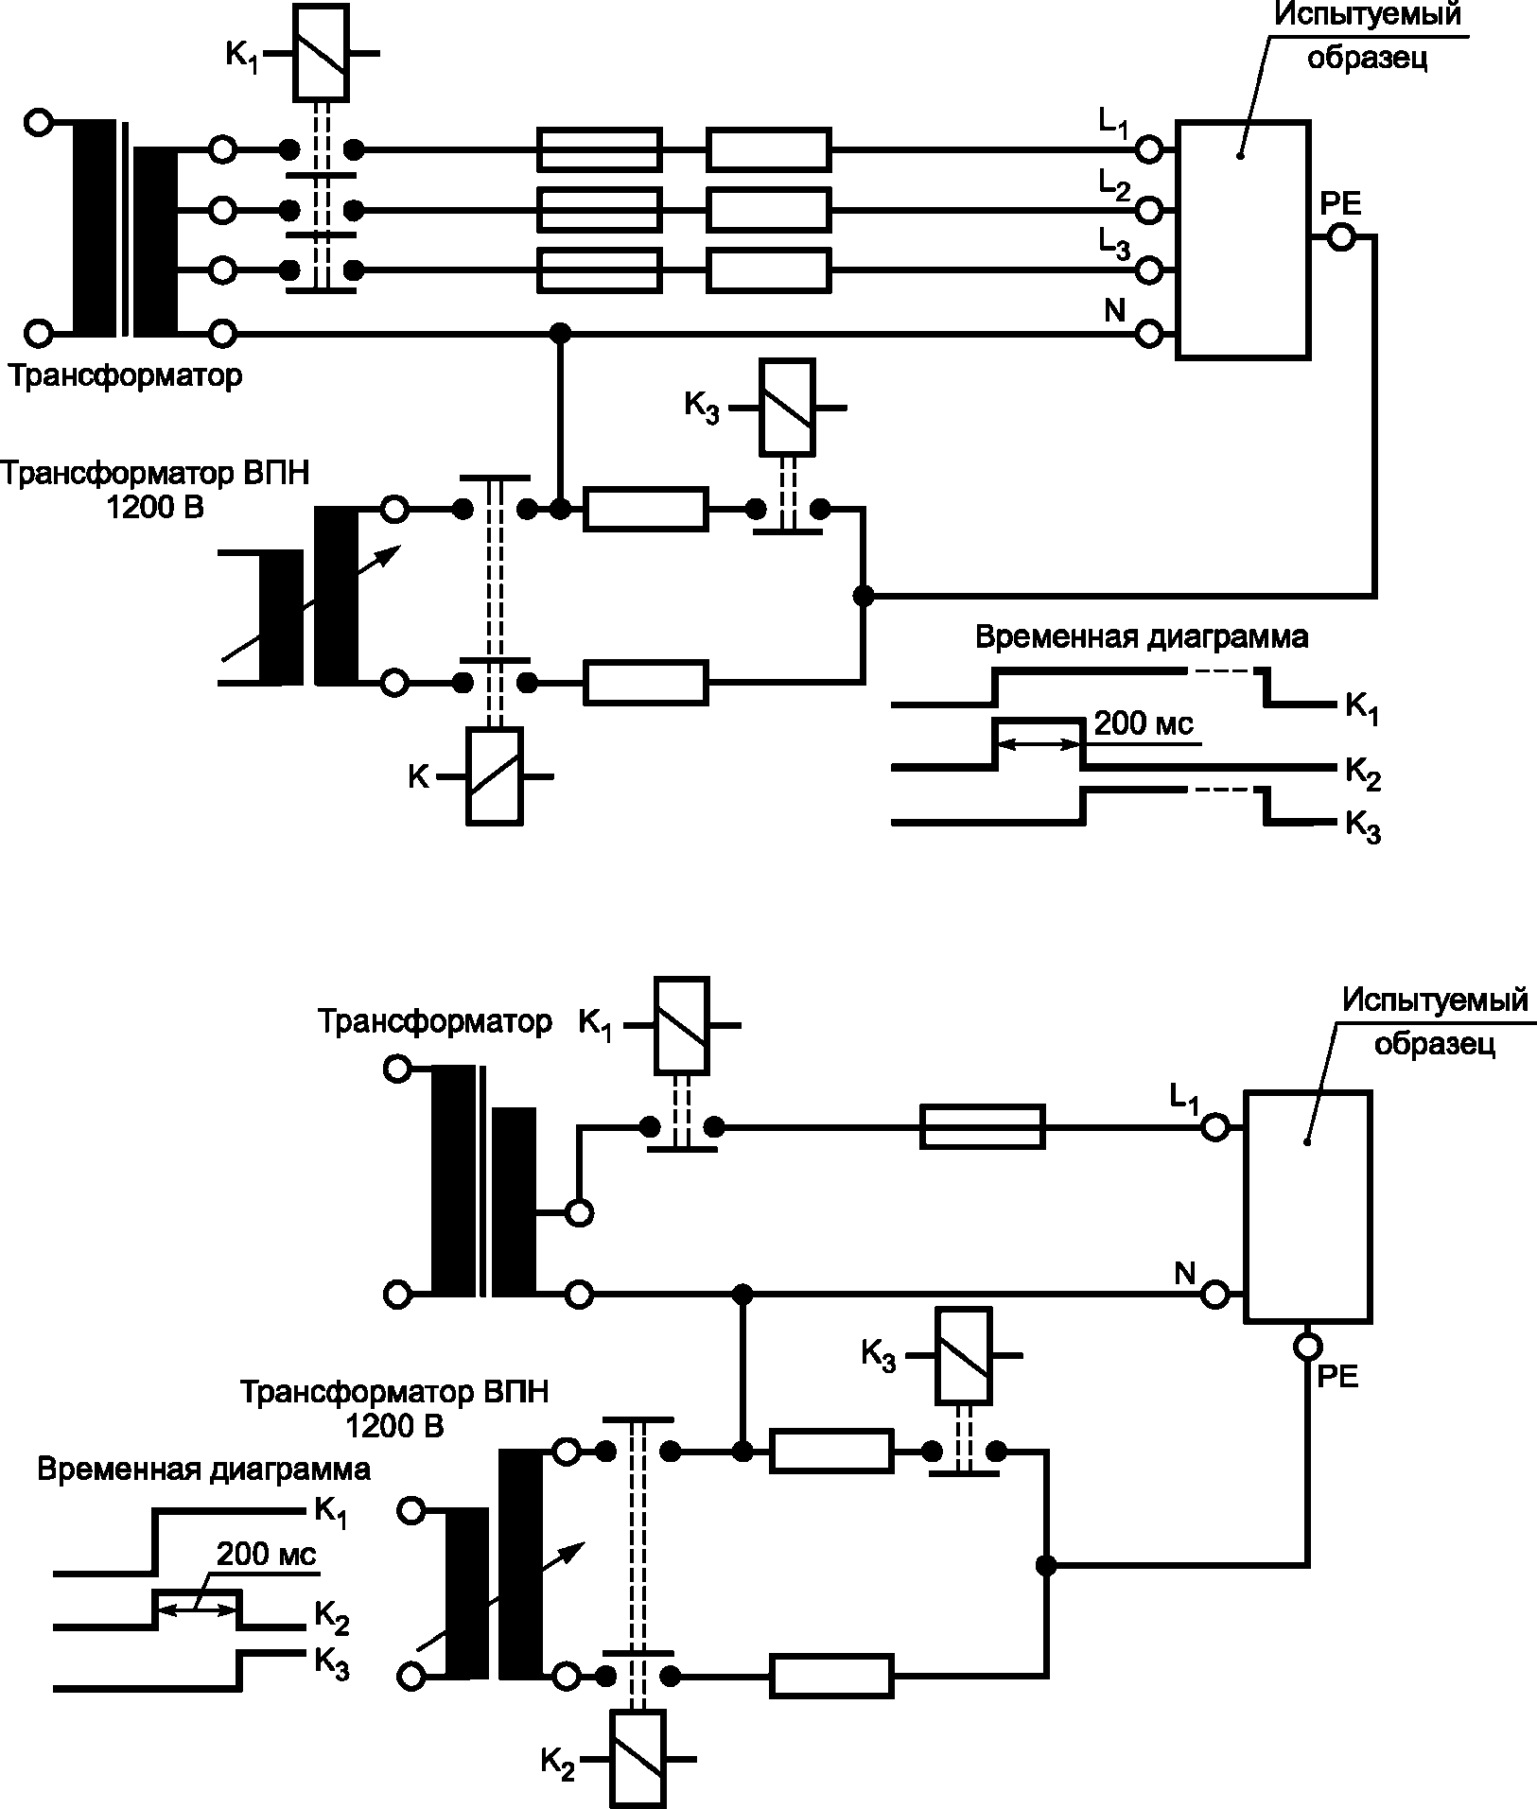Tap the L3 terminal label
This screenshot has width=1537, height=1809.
[x=1114, y=246]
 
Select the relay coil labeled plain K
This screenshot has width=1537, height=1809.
[x=494, y=776]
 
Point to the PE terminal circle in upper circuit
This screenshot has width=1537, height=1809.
[x=1340, y=237]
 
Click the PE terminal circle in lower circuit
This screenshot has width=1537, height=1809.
[x=1307, y=1345]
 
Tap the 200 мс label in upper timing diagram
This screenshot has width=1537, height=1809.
[x=1144, y=724]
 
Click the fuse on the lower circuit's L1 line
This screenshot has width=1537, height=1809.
[x=983, y=1126]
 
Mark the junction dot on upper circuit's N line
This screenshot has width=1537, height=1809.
[x=561, y=333]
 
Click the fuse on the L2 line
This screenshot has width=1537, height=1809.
[x=599, y=209]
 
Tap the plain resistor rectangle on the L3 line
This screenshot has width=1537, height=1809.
[x=769, y=270]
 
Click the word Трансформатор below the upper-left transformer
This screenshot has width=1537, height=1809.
[x=126, y=375]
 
